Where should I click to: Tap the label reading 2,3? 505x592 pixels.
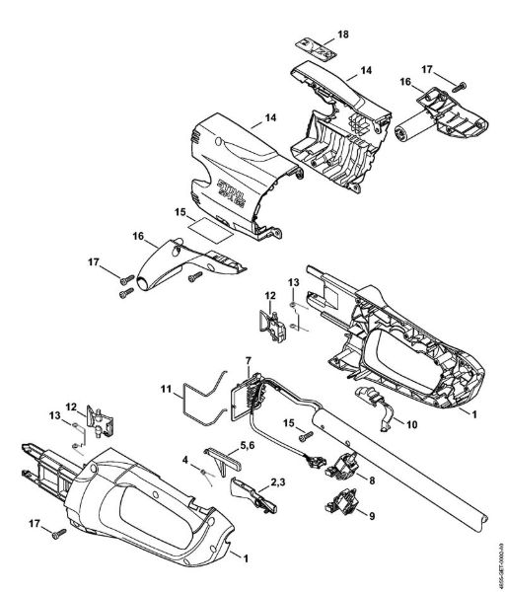[279, 480]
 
